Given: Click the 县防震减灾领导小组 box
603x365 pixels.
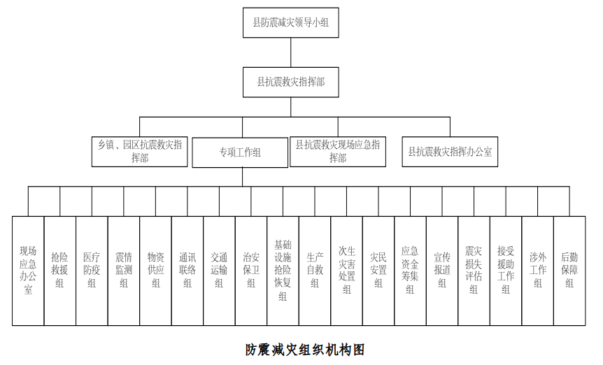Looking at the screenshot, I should tap(290, 22).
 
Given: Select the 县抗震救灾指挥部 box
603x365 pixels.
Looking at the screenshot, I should tap(290, 82).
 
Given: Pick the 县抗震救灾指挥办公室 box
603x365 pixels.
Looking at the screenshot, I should tap(450, 152).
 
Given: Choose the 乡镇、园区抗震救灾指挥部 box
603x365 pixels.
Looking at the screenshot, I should tap(140, 152).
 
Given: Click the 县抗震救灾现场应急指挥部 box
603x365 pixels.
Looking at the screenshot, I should tap(337, 152).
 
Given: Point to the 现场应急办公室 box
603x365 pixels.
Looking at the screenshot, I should tap(28, 271).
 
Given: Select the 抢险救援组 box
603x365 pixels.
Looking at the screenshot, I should tap(59, 271).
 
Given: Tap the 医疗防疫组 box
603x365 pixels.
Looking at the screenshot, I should tap(92, 271).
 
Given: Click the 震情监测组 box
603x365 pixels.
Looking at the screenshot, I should tap(124, 271).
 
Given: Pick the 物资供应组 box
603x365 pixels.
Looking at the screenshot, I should tap(155, 271).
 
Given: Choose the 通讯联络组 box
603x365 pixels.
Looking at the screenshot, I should tap(187, 271).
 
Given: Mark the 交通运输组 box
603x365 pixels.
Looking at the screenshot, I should tap(219, 271).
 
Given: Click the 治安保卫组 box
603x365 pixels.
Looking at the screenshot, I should tap(251, 271).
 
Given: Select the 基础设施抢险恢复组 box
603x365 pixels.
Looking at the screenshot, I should tap(283, 271).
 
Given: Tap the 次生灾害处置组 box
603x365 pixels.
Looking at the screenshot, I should tap(346, 271).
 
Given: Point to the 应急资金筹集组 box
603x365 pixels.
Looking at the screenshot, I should tap(410, 271).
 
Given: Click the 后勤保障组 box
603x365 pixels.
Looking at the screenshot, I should tap(569, 271).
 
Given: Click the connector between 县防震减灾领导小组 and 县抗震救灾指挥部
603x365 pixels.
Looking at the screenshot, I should tap(290, 52).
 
